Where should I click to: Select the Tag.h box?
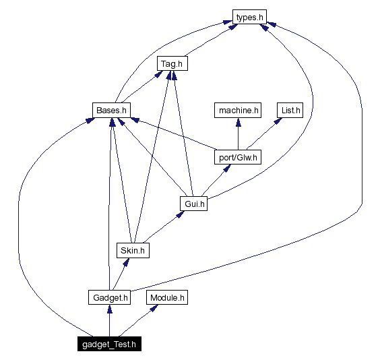pos(172,64)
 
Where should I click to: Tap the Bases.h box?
pos(110,110)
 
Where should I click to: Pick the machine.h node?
pos(237,110)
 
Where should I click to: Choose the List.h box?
pos(290,110)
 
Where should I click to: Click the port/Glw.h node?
pos(237,157)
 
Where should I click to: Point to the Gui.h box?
pos(193,203)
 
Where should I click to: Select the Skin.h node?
pos(133,250)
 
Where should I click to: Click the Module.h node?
pos(167,297)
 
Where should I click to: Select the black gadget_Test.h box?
pos(109,344)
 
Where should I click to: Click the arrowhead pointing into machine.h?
pos(237,121)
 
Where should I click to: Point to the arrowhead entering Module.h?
pos(156,308)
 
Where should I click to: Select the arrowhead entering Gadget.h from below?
pos(109,309)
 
